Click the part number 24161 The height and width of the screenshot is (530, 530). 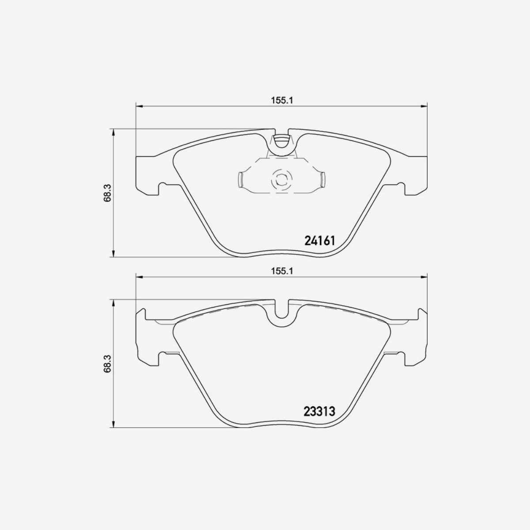(x=321, y=241)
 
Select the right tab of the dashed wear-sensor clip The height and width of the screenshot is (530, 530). (x=322, y=179)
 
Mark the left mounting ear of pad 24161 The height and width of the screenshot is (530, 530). (x=148, y=175)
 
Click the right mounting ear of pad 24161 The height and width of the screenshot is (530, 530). (x=416, y=175)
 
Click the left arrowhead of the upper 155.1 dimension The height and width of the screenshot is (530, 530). (x=139, y=106)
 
